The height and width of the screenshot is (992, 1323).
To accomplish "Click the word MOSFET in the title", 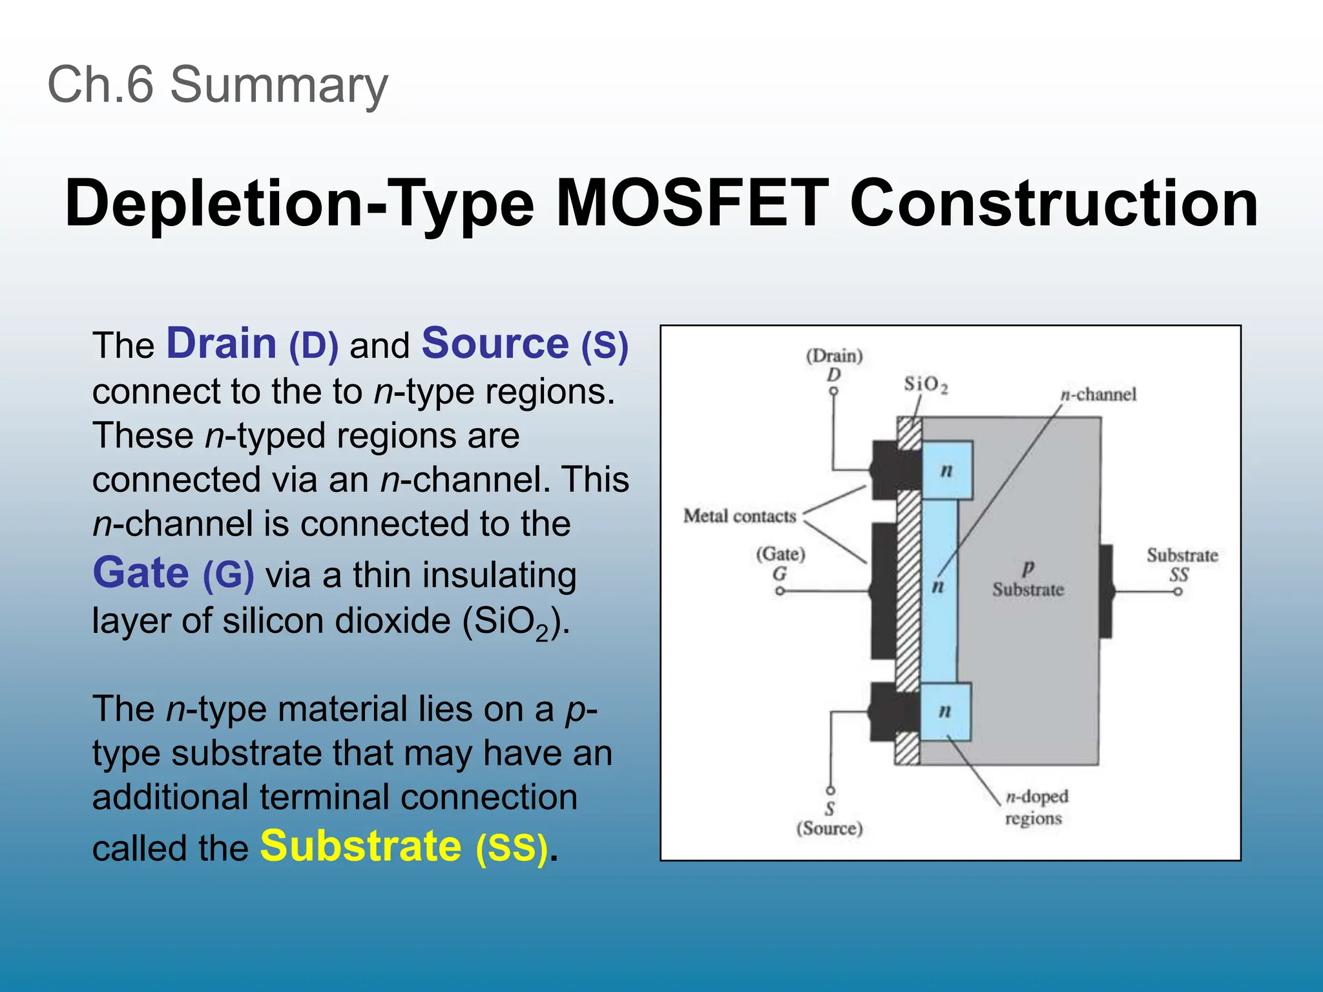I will coord(692,203).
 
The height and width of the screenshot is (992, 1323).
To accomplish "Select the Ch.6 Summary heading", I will coord(218,85).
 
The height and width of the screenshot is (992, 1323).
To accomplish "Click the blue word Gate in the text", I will coord(141,573).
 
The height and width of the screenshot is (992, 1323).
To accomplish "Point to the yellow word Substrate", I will coord(360,846).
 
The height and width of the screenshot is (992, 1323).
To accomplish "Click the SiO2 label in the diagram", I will coord(925,385).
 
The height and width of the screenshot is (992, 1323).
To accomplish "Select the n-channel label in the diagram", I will coord(1098,394).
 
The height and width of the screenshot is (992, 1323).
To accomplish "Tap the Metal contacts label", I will coord(740,516).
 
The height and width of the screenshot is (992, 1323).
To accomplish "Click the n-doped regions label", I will coord(1036,807).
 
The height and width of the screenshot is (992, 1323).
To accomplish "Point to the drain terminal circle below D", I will coord(834,391).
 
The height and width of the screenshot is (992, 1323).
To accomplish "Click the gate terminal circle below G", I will coord(780,591).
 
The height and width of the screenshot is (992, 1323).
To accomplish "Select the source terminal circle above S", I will coord(831,790).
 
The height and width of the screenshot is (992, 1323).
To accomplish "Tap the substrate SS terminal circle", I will coord(1178,592).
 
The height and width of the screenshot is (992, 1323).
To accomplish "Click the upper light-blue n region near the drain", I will coord(946,470).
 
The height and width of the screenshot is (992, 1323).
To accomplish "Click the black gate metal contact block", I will coord(883,591).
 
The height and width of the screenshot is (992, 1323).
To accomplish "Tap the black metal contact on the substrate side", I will coord(1106,591).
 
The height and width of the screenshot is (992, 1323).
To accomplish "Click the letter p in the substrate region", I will coord(1028,568).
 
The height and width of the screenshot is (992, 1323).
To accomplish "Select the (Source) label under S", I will coord(829,828).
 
